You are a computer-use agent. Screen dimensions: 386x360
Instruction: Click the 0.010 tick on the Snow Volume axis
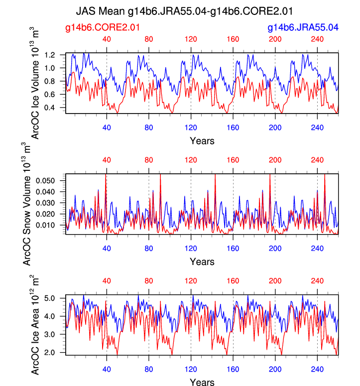(x=50, y=225)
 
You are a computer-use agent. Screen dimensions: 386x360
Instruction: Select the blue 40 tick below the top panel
(x=107, y=127)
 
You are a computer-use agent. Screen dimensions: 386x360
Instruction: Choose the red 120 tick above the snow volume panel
(x=191, y=160)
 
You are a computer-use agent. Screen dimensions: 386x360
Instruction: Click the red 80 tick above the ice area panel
(x=148, y=281)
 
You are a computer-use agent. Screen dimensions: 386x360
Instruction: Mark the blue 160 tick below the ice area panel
(x=233, y=369)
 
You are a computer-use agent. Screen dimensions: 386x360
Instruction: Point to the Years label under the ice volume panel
(x=202, y=140)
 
